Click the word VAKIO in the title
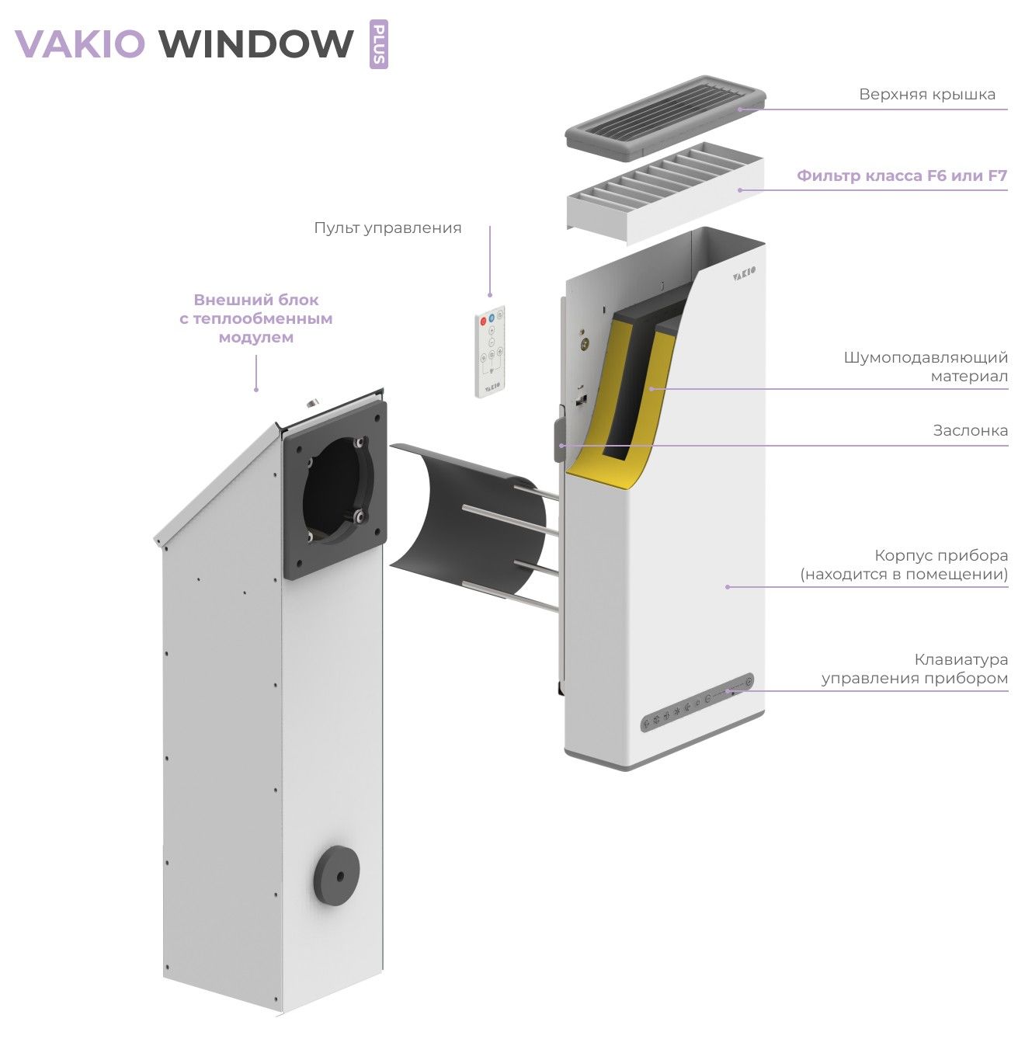pos(80,43)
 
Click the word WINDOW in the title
pos(256,43)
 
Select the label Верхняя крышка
pos(926,95)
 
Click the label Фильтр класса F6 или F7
pos(902,176)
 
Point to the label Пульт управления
pos(387,228)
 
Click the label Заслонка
pos(970,431)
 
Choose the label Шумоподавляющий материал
pos(926,367)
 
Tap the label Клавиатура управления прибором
pos(915,669)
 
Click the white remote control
pos(490,352)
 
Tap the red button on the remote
pos(483,319)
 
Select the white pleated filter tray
pos(664,192)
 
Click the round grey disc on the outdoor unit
pos(336,874)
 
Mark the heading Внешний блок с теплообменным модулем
pos(255,319)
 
